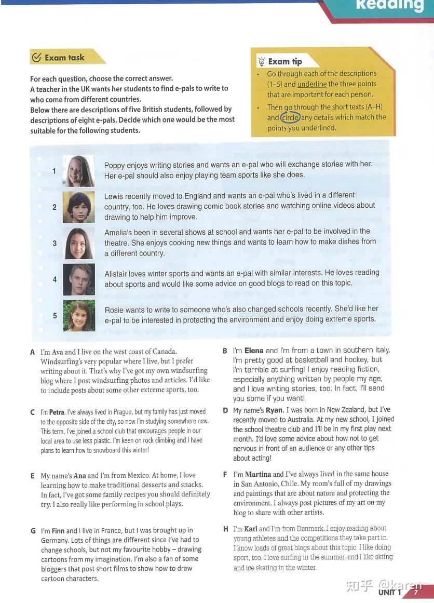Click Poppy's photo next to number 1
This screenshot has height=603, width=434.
point(78,171)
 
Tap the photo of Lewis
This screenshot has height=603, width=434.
point(78,207)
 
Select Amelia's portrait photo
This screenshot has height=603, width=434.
point(78,243)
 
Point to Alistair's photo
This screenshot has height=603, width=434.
point(78,279)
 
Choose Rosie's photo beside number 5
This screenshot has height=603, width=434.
point(78,316)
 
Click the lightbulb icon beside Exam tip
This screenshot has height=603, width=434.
point(261,62)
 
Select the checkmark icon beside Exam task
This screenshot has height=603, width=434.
point(36,58)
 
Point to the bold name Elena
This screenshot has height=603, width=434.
point(254,351)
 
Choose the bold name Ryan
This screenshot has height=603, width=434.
point(274,410)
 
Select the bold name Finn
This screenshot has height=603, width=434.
point(58,531)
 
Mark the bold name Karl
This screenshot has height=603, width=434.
point(250,529)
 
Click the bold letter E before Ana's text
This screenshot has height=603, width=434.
point(32,476)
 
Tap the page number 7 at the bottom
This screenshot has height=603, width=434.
point(415,592)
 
